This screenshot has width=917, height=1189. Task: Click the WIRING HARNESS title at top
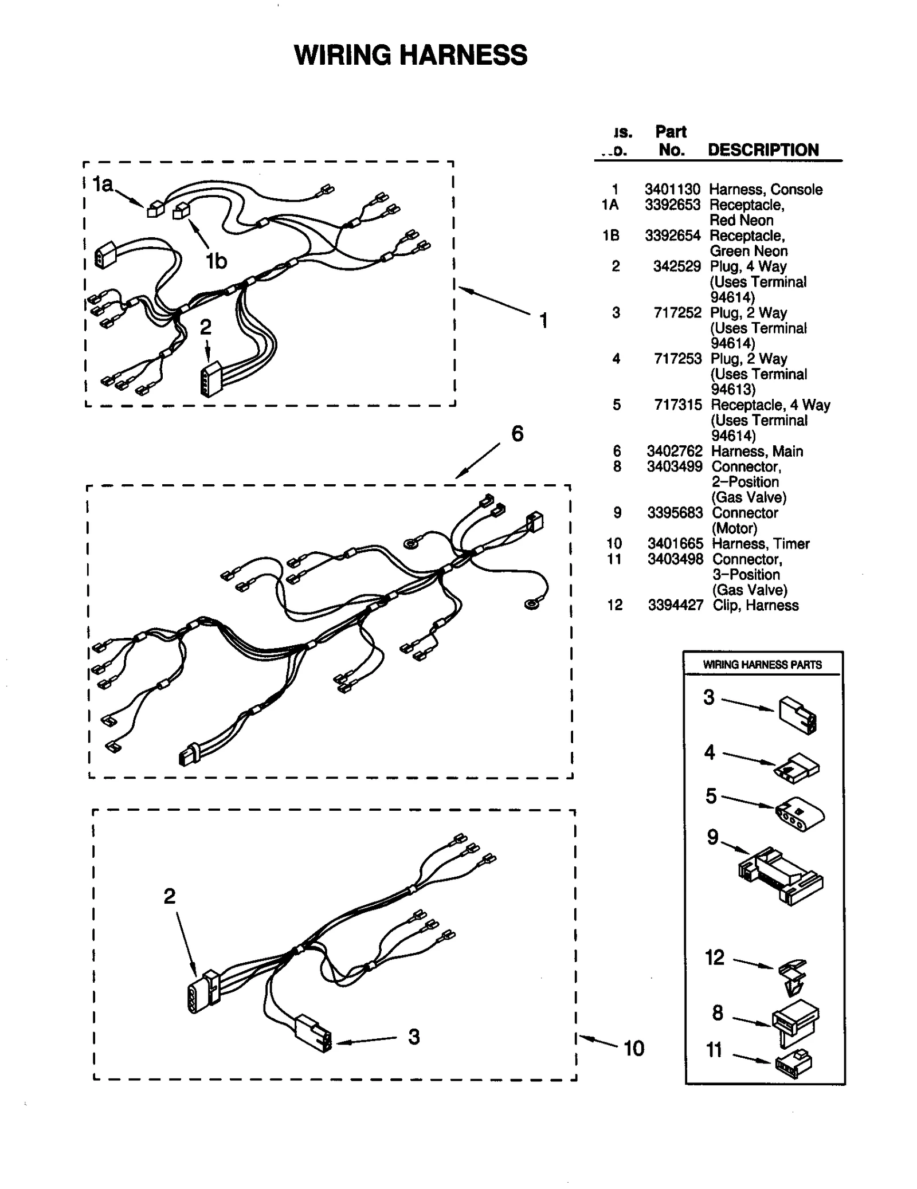[x=410, y=56]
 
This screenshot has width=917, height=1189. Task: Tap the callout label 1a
[x=103, y=185]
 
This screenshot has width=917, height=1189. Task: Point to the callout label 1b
[x=217, y=261]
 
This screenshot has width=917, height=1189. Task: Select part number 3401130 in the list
[x=672, y=190]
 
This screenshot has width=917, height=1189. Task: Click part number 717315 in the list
[x=677, y=405]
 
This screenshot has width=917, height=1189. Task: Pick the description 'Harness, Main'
[x=757, y=452]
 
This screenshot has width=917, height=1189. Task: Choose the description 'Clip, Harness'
[x=755, y=606]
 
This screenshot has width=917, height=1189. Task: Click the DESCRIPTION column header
[x=763, y=150]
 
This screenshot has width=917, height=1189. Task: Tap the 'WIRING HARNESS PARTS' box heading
[x=762, y=665]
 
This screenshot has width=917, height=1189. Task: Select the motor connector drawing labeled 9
[x=781, y=876]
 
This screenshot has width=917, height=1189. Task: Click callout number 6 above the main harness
[x=517, y=434]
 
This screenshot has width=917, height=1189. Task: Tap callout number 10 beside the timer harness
[x=633, y=1049]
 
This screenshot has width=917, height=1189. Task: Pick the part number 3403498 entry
[x=675, y=559]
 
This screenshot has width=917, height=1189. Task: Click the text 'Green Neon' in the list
[x=748, y=251]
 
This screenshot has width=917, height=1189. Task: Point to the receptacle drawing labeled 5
[x=799, y=814]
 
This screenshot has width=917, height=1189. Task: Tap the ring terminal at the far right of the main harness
[x=532, y=603]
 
